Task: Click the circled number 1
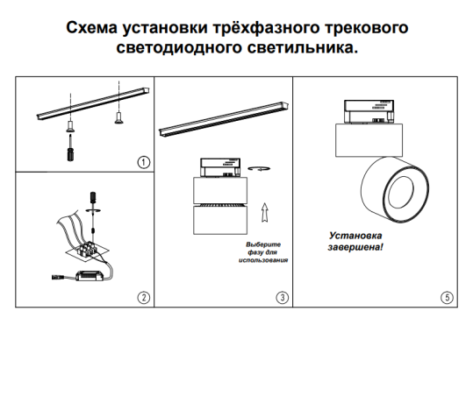pos(143,162)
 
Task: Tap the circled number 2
pos(143,297)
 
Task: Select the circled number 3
pos(281,297)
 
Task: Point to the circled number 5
pos(448,297)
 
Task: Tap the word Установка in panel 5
pos(357,236)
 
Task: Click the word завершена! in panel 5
pos(356,248)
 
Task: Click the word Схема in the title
pos(97,29)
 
